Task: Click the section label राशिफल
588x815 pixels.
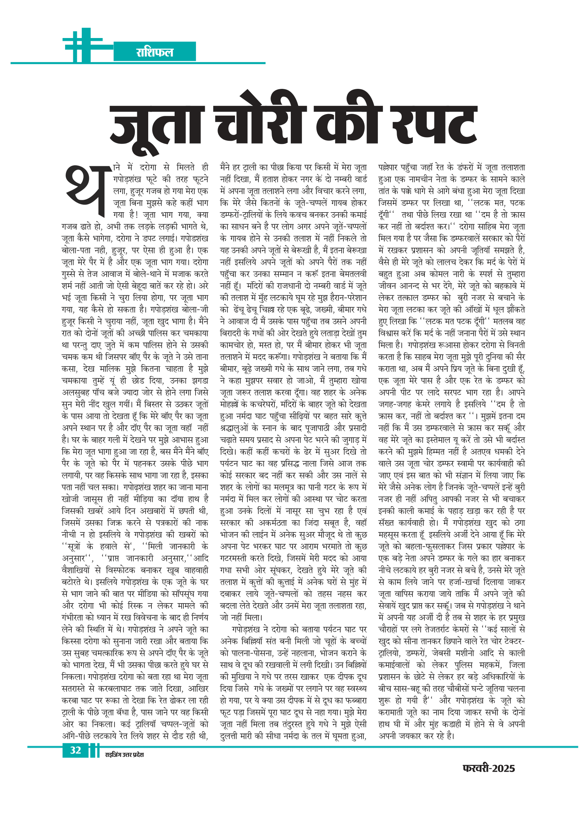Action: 155,52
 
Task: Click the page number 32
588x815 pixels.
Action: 75,750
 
